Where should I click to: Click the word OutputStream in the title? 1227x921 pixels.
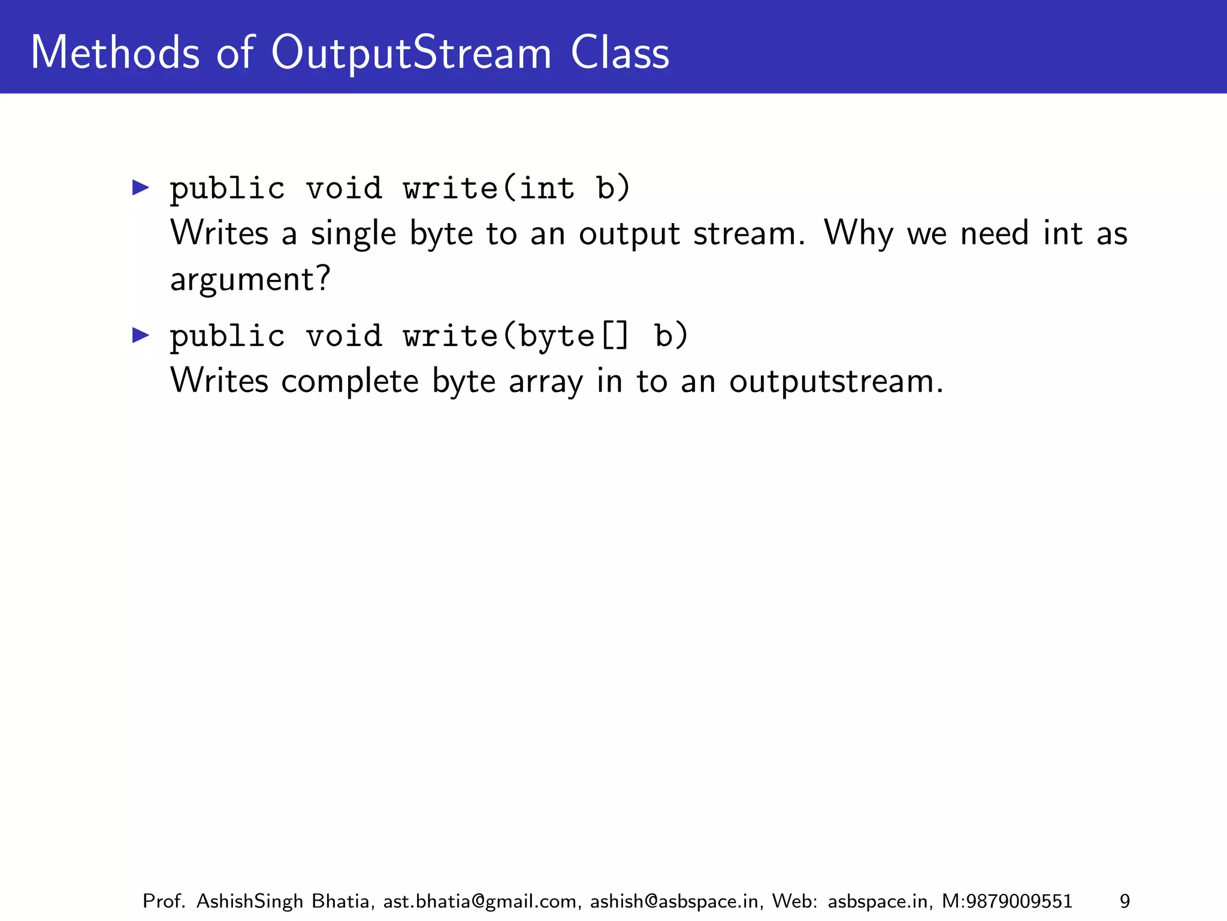click(411, 53)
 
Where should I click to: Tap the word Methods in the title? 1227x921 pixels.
click(114, 53)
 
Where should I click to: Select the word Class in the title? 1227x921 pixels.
click(619, 53)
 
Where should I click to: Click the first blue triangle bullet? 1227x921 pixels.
click(141, 188)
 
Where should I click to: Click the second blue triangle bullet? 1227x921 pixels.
click(141, 335)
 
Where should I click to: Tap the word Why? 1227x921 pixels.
click(859, 233)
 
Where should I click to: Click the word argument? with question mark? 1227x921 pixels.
click(250, 279)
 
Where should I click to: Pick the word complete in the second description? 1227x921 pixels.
click(349, 381)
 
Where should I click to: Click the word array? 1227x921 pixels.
click(545, 381)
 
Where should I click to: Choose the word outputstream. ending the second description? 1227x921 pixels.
click(836, 381)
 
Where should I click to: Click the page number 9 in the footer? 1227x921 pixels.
click(1125, 901)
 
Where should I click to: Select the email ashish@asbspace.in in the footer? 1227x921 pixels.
click(676, 901)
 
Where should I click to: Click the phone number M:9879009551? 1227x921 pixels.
click(1007, 901)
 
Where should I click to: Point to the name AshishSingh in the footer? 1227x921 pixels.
click(249, 901)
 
